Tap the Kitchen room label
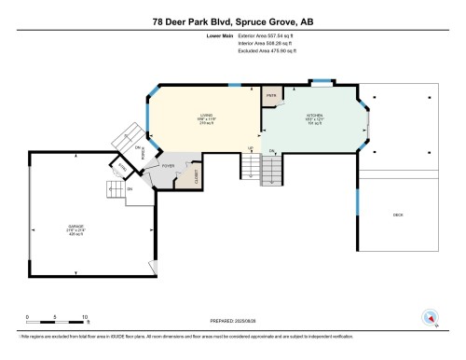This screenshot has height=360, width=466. [x=312, y=118]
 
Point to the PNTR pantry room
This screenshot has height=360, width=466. [x=271, y=96]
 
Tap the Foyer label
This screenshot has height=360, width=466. [x=169, y=166]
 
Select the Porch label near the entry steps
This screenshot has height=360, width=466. [x=143, y=155]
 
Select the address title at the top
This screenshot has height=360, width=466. [x=233, y=21]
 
